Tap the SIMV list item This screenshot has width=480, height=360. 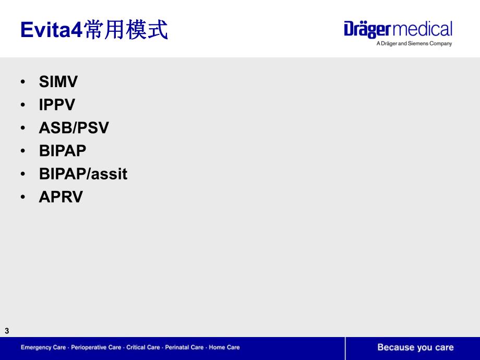tap(58, 82)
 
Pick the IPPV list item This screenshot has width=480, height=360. tap(57, 105)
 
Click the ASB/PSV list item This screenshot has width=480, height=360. tap(74, 128)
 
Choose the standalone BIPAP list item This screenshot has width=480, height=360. tap(63, 151)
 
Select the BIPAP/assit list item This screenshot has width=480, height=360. tap(83, 174)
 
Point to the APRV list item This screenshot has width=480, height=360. tap(61, 197)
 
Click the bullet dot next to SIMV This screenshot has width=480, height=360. tap(23, 82)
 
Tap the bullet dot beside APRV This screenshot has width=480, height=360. tap(23, 197)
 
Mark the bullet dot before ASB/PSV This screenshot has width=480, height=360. tap(23, 128)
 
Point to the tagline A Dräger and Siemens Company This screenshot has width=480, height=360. tap(414, 44)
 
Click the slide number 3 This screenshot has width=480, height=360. tap(7, 331)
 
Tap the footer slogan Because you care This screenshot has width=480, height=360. tap(415, 347)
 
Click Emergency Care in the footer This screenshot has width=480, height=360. tap(43, 347)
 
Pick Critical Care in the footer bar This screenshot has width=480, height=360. tap(142, 347)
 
